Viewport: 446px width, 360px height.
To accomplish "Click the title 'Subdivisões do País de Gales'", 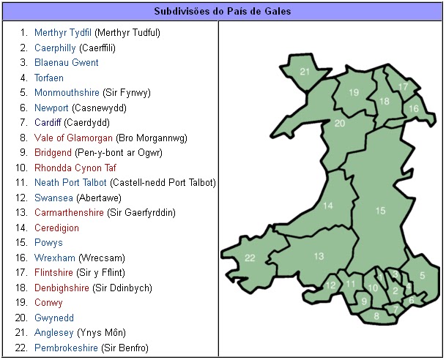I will coord(223,11).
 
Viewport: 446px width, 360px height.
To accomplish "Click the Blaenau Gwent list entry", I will coord(66,63).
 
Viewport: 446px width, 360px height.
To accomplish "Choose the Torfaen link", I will coord(49,78).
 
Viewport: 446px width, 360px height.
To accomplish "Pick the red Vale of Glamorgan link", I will coord(73,138).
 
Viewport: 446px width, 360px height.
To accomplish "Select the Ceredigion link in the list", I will coord(56,228).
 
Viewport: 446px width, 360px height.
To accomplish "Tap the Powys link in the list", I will coord(48,243).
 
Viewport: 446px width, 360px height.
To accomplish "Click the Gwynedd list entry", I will coord(53,318).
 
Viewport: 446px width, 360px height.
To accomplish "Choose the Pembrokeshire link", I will coord(66,348).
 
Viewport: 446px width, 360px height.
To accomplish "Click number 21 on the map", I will coord(305,72).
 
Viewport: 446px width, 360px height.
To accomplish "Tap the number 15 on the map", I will coord(380,211).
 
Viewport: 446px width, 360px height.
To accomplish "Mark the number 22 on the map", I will coord(250,258).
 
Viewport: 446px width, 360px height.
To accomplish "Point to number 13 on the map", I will coord(319,256).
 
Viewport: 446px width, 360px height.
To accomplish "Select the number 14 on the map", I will coord(327,206).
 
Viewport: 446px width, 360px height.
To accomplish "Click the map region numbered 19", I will coord(354,92).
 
